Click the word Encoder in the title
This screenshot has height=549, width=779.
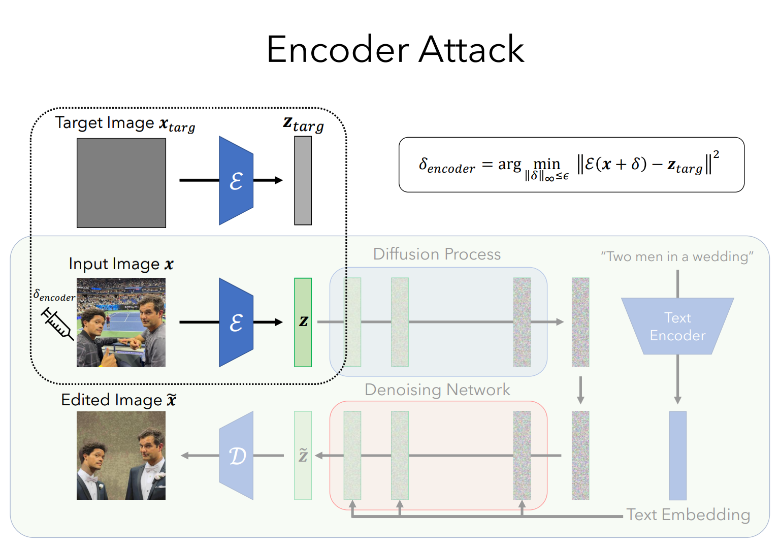pos(338,49)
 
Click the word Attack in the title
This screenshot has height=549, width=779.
pos(471,49)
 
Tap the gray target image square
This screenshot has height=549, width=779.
pos(121,183)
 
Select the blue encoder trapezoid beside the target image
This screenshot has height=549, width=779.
pos(236,180)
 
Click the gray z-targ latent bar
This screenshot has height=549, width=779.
pos(303,180)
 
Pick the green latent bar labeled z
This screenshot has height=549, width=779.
pos(303,322)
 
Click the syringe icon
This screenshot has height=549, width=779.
pos(57,324)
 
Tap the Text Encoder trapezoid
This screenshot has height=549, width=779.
pos(677,326)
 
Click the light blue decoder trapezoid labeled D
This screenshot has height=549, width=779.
pos(236,456)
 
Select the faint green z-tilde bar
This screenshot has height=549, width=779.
pos(303,456)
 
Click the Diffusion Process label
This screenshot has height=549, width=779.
pos(437,254)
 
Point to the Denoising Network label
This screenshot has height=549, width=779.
pos(437,390)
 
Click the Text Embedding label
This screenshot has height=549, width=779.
pos(688,515)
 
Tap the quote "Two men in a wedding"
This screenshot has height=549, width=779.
pos(677,256)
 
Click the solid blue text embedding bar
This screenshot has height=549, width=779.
pos(678,456)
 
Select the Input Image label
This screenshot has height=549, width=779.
pos(121,264)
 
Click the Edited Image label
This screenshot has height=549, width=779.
pos(119,400)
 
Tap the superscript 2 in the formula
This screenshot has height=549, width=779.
pos(716,155)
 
